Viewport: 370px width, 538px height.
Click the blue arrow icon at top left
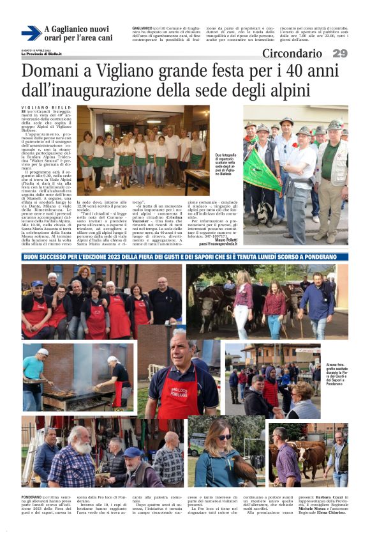pyautogui.click(x=31, y=33)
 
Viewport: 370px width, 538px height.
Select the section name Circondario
pyautogui.click(x=292, y=54)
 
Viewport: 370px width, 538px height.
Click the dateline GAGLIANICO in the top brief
pyautogui.click(x=142, y=28)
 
